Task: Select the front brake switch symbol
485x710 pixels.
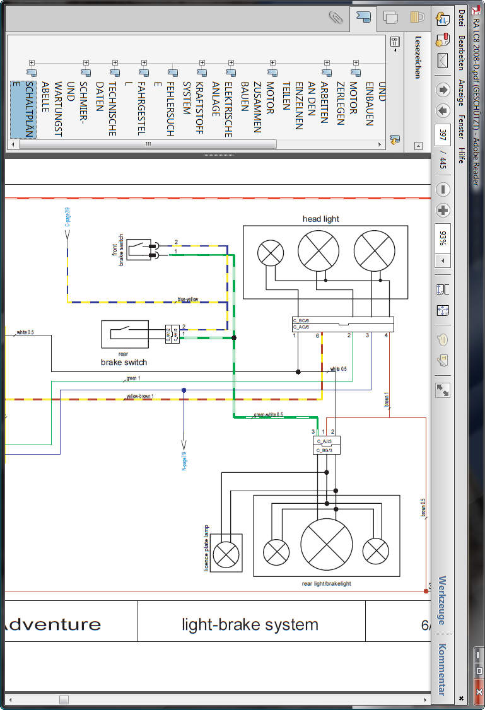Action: coord(139,250)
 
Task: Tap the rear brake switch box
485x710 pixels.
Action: coord(125,334)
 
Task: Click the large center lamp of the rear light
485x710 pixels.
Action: coord(327,545)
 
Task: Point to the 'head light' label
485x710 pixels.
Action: coord(321,219)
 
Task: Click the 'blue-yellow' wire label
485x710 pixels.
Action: coord(188,300)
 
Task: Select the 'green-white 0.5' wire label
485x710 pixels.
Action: coord(268,415)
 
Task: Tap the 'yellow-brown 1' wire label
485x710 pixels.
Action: coord(140,397)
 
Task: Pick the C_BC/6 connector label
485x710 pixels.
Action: coord(301,321)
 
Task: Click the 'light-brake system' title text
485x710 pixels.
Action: coord(250,624)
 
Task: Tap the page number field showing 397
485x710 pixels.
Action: coord(443,135)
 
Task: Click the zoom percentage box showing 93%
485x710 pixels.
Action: coord(443,237)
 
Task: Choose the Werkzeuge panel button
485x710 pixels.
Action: coord(442,600)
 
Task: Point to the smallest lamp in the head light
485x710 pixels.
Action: coord(271,253)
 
